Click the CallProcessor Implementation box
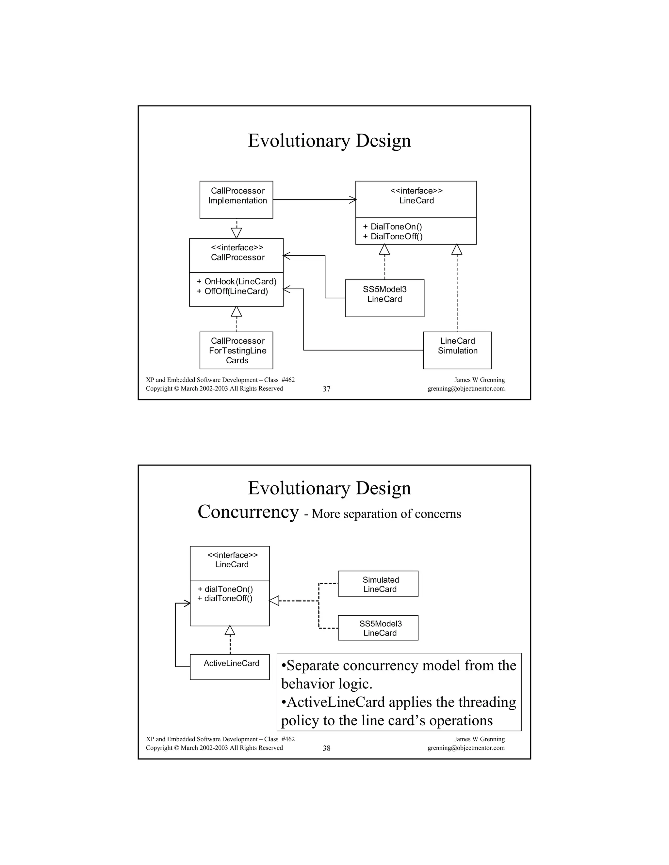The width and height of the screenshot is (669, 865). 236,200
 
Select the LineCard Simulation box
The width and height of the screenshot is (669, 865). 457,350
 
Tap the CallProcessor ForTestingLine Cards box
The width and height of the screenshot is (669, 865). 236,350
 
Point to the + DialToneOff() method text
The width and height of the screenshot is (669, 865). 392,236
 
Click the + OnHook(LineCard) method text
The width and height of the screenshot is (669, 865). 237,282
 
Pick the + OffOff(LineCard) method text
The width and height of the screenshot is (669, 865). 232,291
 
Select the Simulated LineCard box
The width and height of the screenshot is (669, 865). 378,584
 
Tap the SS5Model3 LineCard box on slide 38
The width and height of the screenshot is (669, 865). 378,628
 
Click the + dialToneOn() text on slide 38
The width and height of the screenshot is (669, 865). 225,589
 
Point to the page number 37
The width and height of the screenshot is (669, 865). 327,389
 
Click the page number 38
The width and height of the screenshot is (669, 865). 327,748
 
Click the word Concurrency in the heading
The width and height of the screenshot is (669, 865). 248,512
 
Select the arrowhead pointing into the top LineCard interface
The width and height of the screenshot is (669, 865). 352,200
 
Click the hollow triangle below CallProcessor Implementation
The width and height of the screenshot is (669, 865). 236,232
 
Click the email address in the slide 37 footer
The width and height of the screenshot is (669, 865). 466,388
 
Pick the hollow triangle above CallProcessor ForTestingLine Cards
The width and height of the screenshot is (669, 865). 236,312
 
